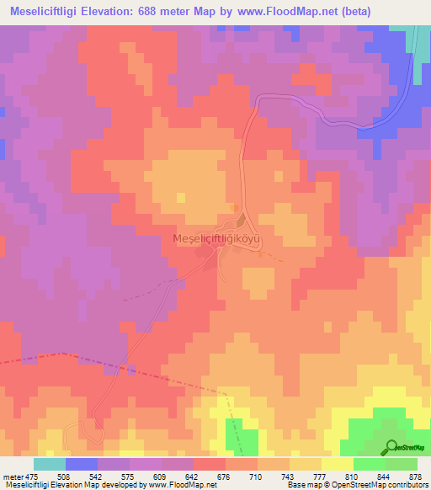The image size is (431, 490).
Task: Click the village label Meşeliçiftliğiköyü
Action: point(218,239)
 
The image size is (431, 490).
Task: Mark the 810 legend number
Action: point(353,477)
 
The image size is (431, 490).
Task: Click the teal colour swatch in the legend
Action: point(50,464)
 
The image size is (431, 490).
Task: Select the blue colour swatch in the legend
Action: point(82,464)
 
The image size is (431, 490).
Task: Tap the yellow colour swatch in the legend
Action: point(337,464)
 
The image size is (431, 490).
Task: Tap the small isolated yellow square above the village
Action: point(181,197)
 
